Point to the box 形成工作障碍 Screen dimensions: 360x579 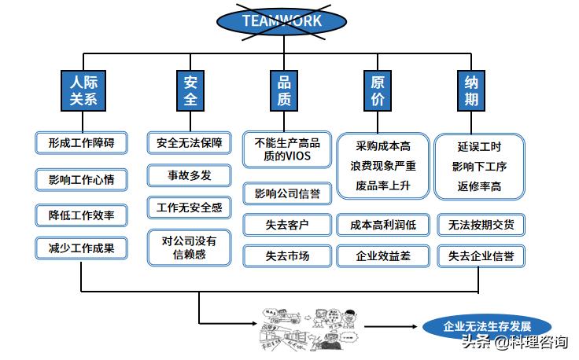[81, 143]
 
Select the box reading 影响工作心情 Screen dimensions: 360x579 [81, 179]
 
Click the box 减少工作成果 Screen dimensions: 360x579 [81, 248]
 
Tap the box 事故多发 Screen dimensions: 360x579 [190, 174]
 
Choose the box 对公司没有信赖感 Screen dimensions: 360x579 [190, 248]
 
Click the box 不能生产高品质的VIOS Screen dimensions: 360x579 [287, 149]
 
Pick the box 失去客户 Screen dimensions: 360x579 [287, 225]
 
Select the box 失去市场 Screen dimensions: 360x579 [287, 256]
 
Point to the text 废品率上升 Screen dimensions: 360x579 [383, 186]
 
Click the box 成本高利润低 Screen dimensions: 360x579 [383, 225]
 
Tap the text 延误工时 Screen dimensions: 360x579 [479, 146]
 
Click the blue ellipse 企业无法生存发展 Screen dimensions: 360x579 [487, 326]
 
